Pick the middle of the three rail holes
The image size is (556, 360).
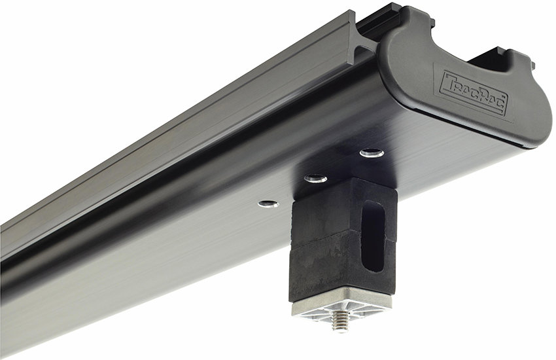pyautogui.click(x=316, y=178)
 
